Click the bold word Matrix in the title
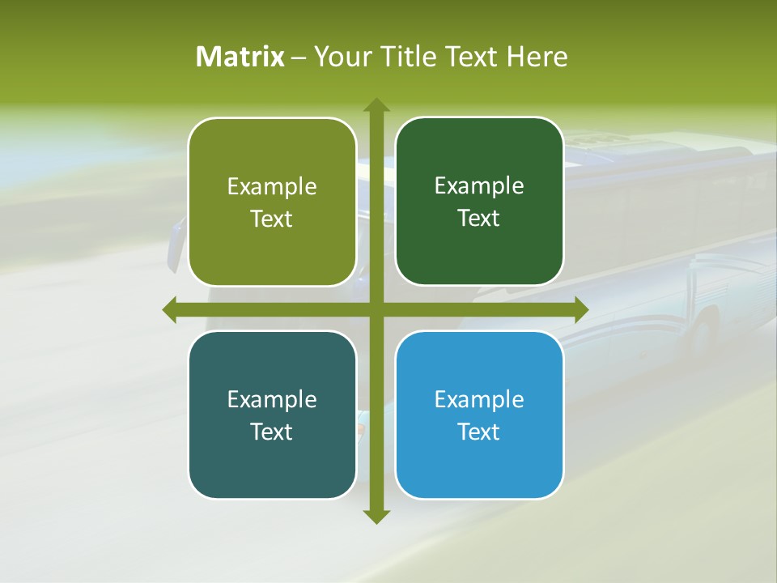[x=240, y=57]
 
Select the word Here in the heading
[x=537, y=57]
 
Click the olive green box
[x=272, y=202]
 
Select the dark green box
[x=479, y=201]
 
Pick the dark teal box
[x=272, y=415]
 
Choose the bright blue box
[x=479, y=415]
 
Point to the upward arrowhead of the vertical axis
[x=376, y=105]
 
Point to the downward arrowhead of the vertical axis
[x=376, y=516]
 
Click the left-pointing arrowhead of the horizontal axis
[x=170, y=309]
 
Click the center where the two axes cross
[x=376, y=309]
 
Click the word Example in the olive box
[x=272, y=186]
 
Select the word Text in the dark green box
[x=479, y=218]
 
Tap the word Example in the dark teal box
[x=272, y=399]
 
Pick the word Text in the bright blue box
[x=479, y=432]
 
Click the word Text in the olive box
[x=272, y=219]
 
